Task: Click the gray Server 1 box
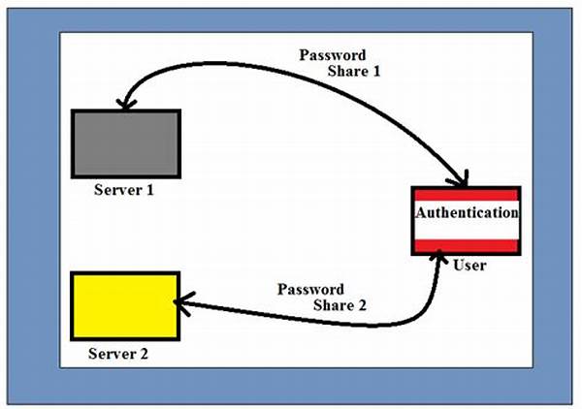click(125, 142)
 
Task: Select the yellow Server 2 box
click(125, 306)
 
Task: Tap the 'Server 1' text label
click(123, 189)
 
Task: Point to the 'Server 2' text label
click(118, 354)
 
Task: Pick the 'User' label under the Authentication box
click(469, 265)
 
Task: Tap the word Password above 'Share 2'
click(310, 289)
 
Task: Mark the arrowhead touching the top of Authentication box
click(462, 180)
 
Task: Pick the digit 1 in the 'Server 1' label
click(149, 189)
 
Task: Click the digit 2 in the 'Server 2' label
click(144, 354)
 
